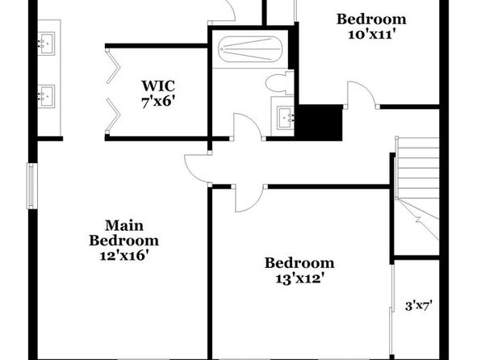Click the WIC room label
[158, 86]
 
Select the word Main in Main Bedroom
[124, 225]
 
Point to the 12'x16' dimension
[124, 255]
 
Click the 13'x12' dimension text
[299, 278]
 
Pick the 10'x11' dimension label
[370, 34]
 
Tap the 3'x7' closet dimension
[419, 306]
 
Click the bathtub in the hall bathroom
[250, 49]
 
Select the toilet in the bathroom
[279, 82]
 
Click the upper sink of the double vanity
[47, 44]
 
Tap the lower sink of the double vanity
[47, 96]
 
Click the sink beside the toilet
[285, 118]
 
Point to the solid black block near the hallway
[318, 123]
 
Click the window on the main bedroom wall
[31, 186]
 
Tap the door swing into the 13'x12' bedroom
[249, 199]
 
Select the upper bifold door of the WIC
[112, 65]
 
